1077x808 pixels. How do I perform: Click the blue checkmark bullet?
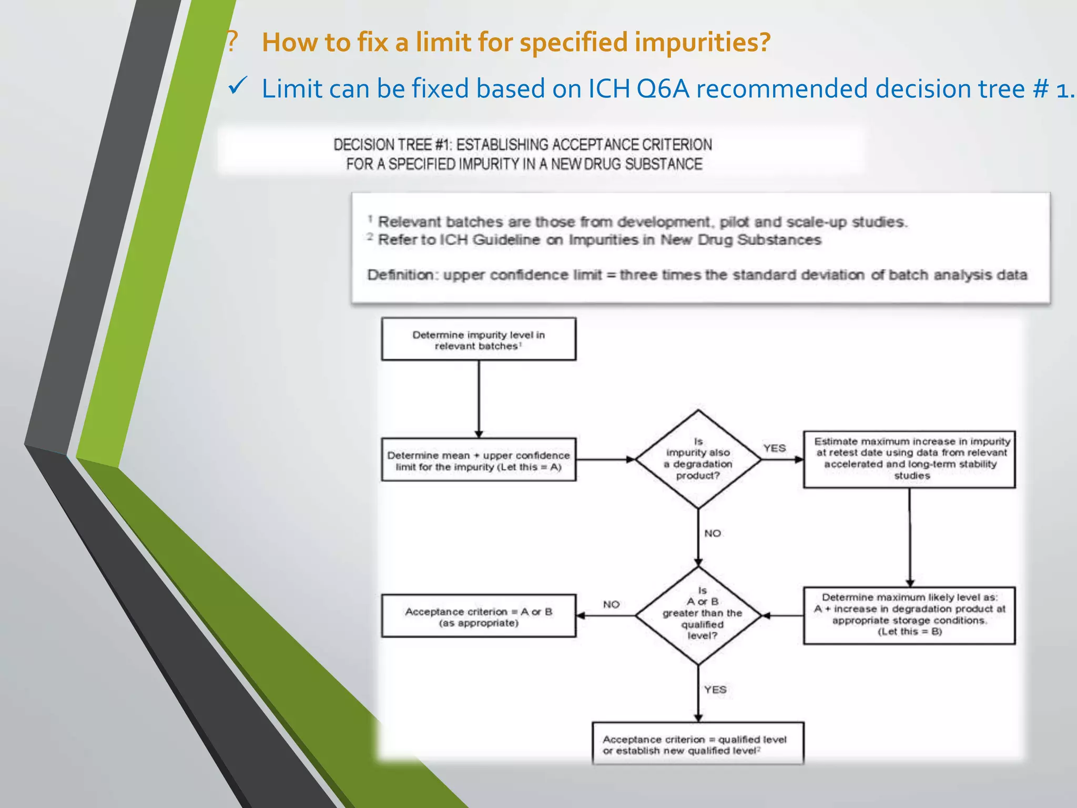[x=238, y=85]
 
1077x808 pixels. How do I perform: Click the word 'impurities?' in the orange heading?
[x=702, y=42]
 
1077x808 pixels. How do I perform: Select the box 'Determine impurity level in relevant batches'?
[x=479, y=340]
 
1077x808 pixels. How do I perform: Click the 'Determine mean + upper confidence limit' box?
[x=479, y=460]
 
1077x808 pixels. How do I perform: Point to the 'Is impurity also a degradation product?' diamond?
[x=698, y=459]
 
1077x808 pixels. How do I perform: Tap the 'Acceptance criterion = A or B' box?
[x=479, y=617]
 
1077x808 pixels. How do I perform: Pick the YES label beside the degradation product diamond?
[x=775, y=448]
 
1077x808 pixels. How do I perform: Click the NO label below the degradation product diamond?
[x=713, y=533]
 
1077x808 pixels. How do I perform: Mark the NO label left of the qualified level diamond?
[x=611, y=604]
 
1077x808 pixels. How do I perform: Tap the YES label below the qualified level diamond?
[x=715, y=690]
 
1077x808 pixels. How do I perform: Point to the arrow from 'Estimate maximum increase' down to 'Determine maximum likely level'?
[x=910, y=537]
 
